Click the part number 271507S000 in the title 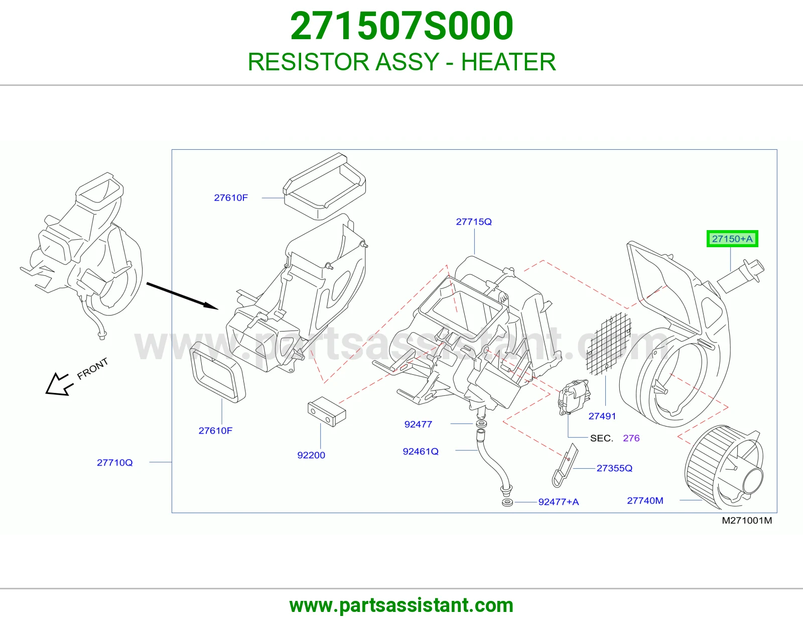tap(401, 26)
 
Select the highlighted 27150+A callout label tap(732, 239)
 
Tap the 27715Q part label tap(474, 222)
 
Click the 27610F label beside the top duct tap(231, 197)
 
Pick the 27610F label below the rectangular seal tap(215, 431)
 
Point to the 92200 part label tap(311, 455)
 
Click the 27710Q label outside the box tap(114, 462)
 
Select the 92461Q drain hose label tap(421, 451)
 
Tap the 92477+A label tap(559, 501)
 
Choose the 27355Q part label tap(614, 468)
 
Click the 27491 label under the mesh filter tap(602, 416)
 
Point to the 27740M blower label tap(645, 500)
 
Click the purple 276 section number tap(631, 438)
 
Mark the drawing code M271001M tap(747, 521)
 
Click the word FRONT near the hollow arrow tap(92, 368)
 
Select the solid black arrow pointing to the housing tap(183, 295)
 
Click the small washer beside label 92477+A tap(507, 503)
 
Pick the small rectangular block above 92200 tap(327, 411)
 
